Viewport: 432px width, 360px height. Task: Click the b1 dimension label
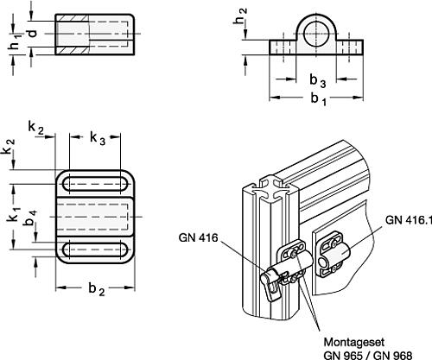tap(319, 99)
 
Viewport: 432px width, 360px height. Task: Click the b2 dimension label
tap(96, 288)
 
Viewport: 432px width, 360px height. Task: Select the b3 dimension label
tap(318, 81)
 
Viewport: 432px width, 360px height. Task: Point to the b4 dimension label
tap(31, 218)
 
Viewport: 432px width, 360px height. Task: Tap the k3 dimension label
tap(98, 138)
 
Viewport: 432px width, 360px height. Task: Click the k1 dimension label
tap(14, 214)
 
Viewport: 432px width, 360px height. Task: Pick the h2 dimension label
tap(241, 16)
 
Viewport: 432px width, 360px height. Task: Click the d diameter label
tap(33, 33)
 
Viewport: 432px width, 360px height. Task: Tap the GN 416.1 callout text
tap(409, 220)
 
